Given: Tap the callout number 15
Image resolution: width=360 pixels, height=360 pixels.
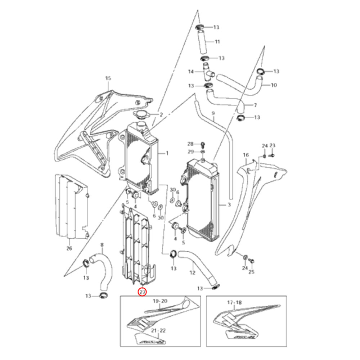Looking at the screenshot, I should [x=108, y=78].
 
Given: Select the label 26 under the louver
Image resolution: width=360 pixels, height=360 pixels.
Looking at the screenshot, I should [x=69, y=248].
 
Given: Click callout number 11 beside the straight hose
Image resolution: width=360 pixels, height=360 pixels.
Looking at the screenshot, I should [x=217, y=42].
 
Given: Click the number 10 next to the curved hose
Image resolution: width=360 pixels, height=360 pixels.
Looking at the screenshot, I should [x=274, y=85].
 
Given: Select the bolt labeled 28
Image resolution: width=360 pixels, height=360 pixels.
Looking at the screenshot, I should [x=203, y=144].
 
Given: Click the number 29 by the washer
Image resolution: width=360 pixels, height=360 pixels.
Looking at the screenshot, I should [x=190, y=152].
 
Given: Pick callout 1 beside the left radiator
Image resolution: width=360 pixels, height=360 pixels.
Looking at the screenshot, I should [x=167, y=153].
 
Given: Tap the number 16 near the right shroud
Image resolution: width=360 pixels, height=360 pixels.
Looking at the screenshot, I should [x=246, y=155].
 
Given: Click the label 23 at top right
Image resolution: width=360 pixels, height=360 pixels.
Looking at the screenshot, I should [x=272, y=145].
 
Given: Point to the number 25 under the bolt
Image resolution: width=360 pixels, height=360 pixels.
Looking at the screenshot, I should [x=251, y=272].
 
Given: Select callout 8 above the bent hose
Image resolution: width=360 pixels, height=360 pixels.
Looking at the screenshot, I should [x=102, y=245].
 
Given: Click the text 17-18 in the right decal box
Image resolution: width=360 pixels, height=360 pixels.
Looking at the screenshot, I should [x=234, y=303].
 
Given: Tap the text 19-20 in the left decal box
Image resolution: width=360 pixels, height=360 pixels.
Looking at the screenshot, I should [x=160, y=301].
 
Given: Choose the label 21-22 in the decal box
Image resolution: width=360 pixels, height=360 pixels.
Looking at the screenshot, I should [x=158, y=330].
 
